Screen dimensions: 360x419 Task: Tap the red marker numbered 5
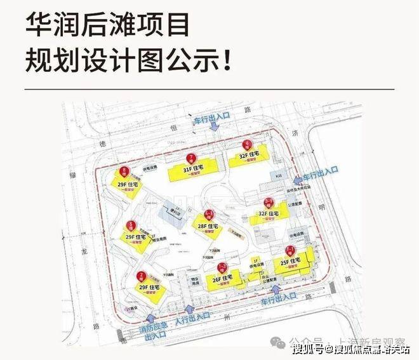pos(131,225)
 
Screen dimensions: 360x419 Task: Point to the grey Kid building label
pos(277,174)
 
